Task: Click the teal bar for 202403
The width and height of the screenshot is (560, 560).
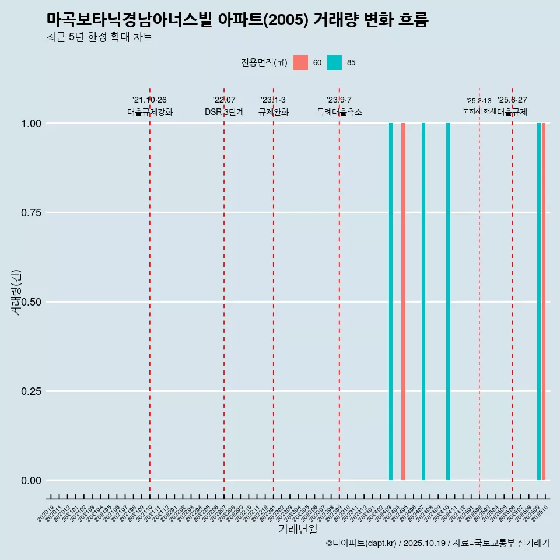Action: [x=391, y=302]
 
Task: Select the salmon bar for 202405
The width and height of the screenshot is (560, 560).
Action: [x=403, y=302]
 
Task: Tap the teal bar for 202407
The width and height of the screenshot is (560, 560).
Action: [x=423, y=302]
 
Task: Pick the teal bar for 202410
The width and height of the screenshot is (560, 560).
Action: [x=448, y=302]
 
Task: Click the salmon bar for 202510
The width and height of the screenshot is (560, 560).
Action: [x=544, y=302]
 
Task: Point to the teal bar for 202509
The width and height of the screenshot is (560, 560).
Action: [x=539, y=302]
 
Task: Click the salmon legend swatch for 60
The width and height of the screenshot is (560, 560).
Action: [x=300, y=62]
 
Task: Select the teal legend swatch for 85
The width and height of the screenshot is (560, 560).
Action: [x=334, y=62]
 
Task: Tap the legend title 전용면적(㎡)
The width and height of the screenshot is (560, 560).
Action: [x=264, y=62]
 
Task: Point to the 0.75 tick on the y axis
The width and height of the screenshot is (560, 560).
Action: [x=30, y=213]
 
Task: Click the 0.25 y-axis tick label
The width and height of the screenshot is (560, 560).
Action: [x=30, y=391]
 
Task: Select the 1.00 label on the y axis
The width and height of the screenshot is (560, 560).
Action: [x=30, y=124]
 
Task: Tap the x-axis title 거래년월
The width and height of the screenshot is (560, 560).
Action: [x=298, y=529]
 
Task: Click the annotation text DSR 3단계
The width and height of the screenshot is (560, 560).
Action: [x=224, y=112]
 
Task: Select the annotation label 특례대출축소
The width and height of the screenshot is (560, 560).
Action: [x=339, y=112]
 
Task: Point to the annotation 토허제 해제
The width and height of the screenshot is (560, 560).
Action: [x=479, y=110]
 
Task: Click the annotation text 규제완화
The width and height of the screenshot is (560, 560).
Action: [x=274, y=112]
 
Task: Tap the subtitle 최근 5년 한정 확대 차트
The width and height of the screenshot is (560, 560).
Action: [x=99, y=37]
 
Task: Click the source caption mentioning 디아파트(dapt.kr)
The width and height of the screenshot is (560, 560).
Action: [x=437, y=544]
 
